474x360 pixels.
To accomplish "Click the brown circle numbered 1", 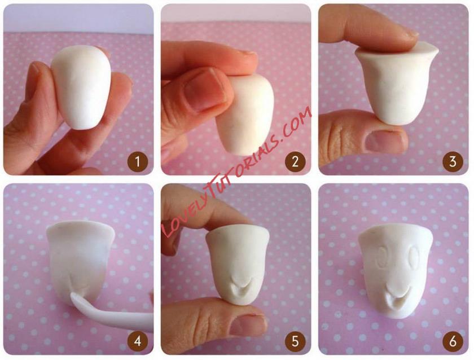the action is [x=138, y=162].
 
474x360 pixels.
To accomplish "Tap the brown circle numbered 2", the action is [x=295, y=162].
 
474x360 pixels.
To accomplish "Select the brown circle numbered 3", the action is [x=453, y=162].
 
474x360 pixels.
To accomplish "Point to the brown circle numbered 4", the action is [x=138, y=341].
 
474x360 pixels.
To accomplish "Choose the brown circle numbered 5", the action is [x=295, y=341].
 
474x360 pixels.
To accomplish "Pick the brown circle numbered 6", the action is [x=453, y=341].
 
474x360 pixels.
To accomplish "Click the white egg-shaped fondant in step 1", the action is [x=82, y=87].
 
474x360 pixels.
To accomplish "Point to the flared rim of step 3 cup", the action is [x=397, y=52].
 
